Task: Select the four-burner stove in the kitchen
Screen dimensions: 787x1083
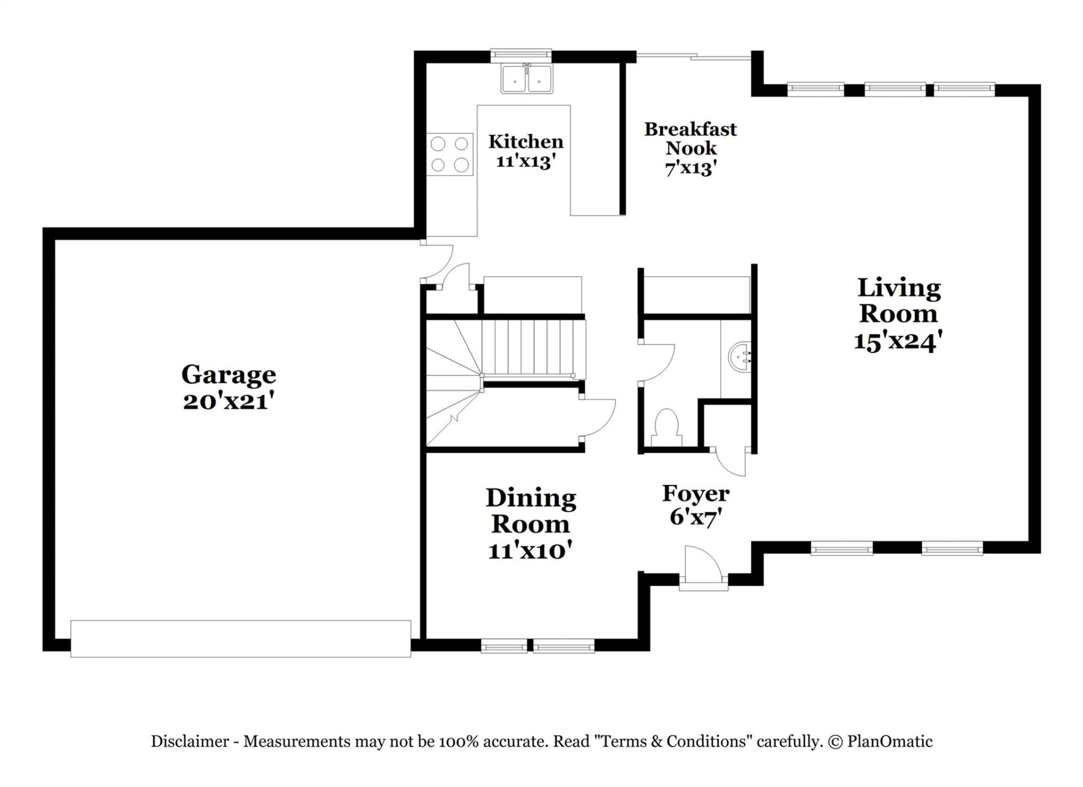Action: coord(450,155)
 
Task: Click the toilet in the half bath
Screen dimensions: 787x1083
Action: coord(666,428)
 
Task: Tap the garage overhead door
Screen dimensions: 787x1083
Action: coord(240,639)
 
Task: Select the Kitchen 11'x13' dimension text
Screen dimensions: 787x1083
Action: coord(526,161)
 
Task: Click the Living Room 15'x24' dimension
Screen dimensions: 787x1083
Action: coord(898,341)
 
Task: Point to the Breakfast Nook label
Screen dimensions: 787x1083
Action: coord(690,139)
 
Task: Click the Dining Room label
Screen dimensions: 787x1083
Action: coord(530,511)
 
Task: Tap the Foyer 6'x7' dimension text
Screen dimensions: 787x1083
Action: coord(696,516)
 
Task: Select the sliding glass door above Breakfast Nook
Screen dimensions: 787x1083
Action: coord(694,55)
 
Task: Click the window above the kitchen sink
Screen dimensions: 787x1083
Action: coord(521,54)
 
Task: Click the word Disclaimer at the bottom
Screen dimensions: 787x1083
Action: coord(190,741)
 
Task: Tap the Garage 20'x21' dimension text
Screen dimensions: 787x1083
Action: coord(228,401)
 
